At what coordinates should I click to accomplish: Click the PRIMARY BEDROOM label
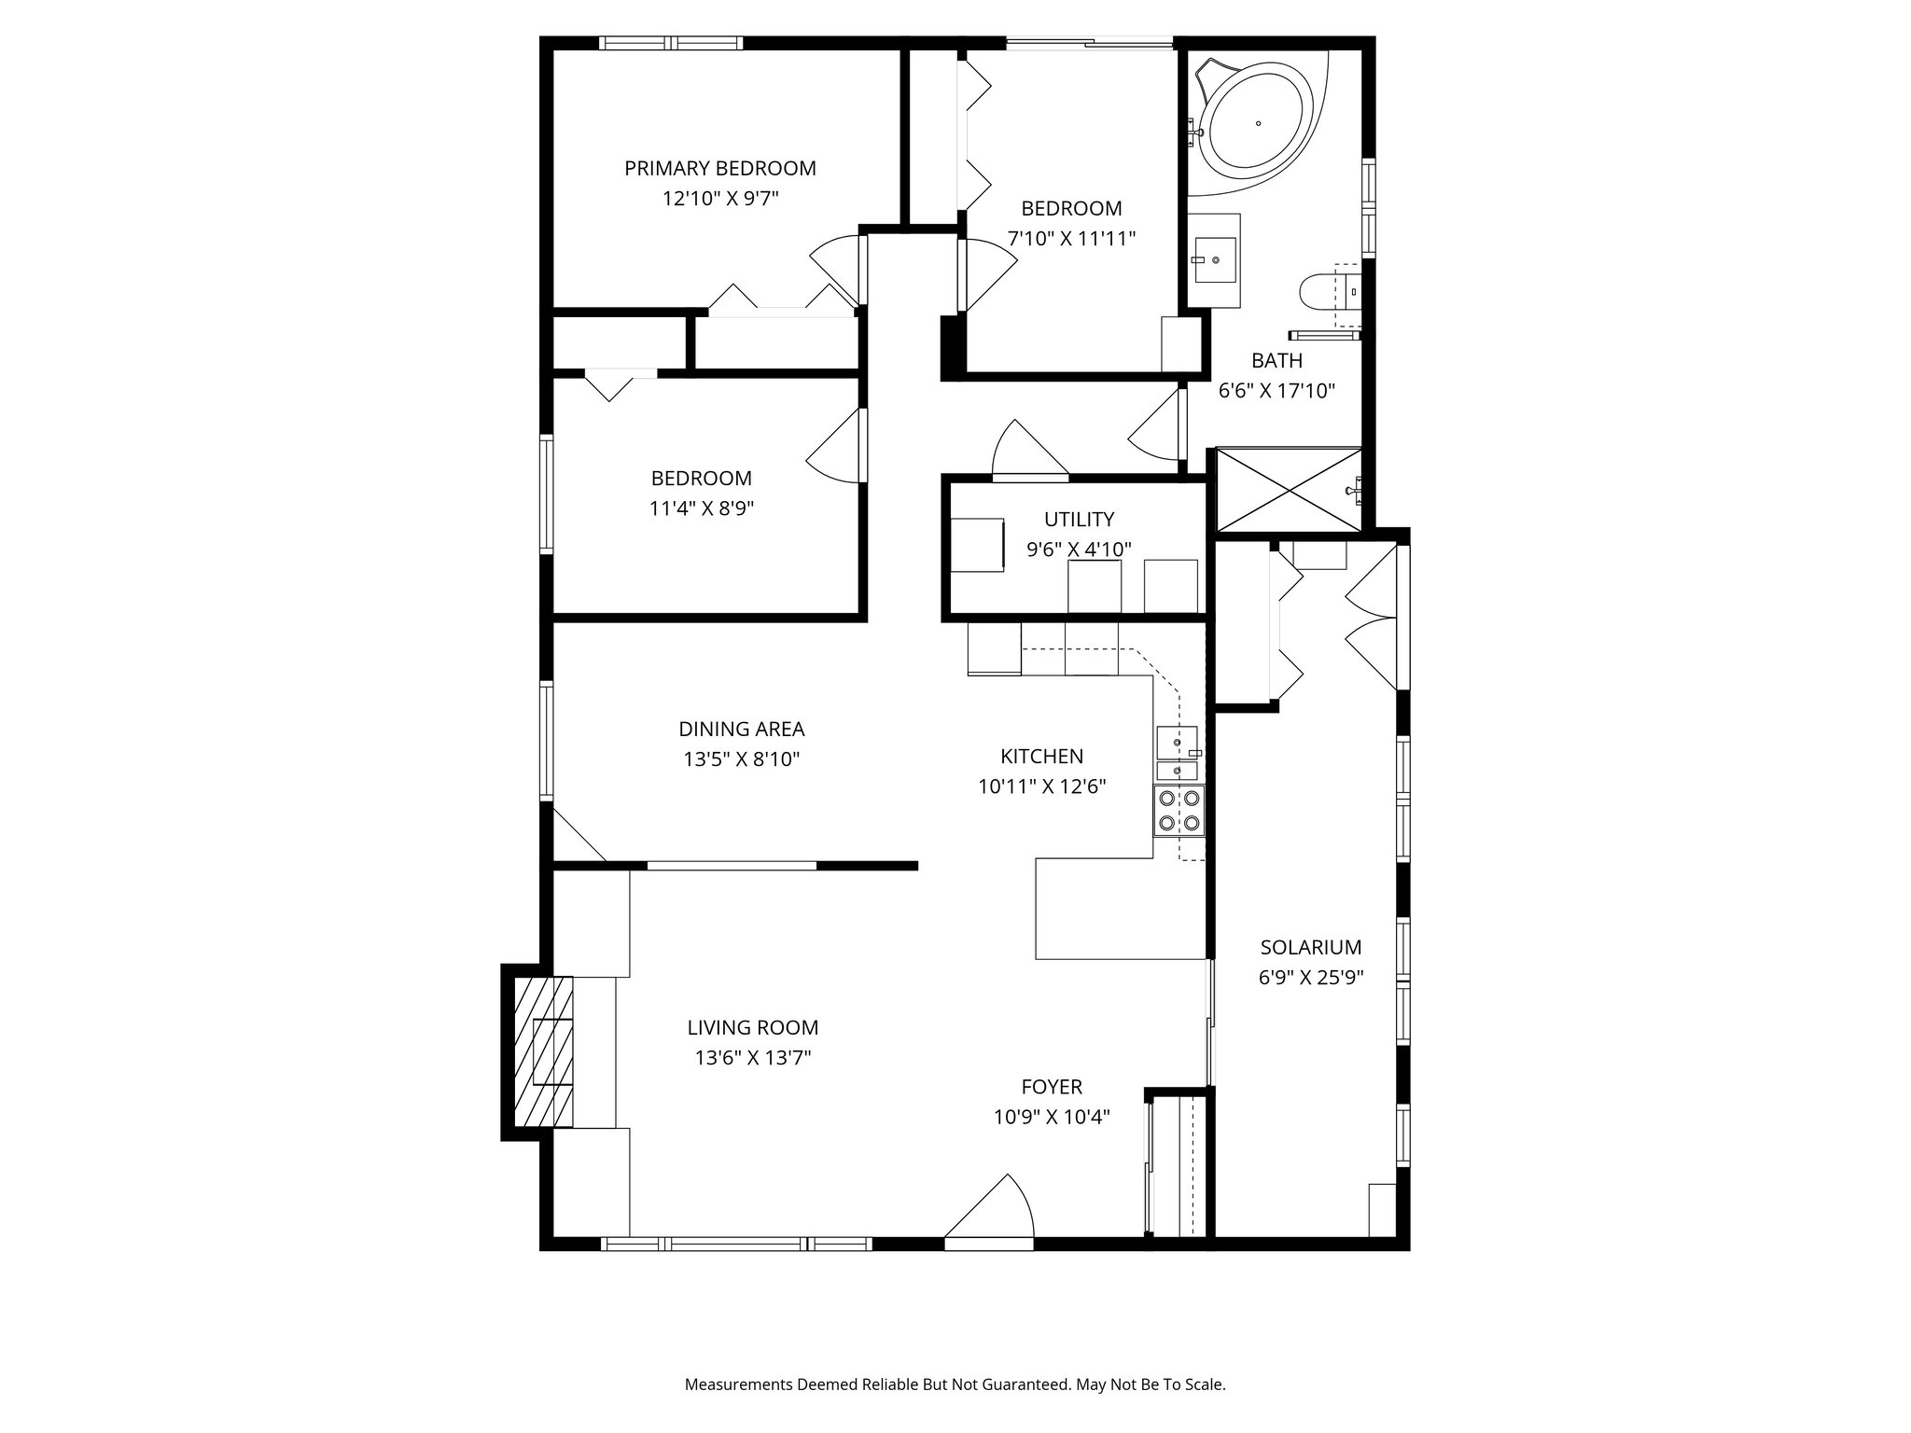click(x=719, y=169)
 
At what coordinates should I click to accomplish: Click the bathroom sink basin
click(x=1215, y=260)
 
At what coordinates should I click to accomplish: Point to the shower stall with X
click(x=1288, y=491)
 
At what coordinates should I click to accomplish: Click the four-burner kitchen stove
click(x=1179, y=811)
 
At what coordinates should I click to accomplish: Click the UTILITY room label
click(x=1079, y=520)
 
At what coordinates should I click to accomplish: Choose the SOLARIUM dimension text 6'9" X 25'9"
click(x=1310, y=978)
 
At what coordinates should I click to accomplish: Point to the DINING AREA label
click(x=741, y=730)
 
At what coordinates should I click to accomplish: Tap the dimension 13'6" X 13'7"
click(x=752, y=1058)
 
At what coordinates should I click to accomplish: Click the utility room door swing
click(x=1026, y=452)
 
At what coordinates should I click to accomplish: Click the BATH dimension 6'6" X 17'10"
click(x=1276, y=391)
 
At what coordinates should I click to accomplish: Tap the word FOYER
click(x=1052, y=1087)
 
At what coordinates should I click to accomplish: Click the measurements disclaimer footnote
click(x=955, y=1384)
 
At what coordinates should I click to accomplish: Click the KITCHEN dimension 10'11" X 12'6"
click(x=1041, y=786)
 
